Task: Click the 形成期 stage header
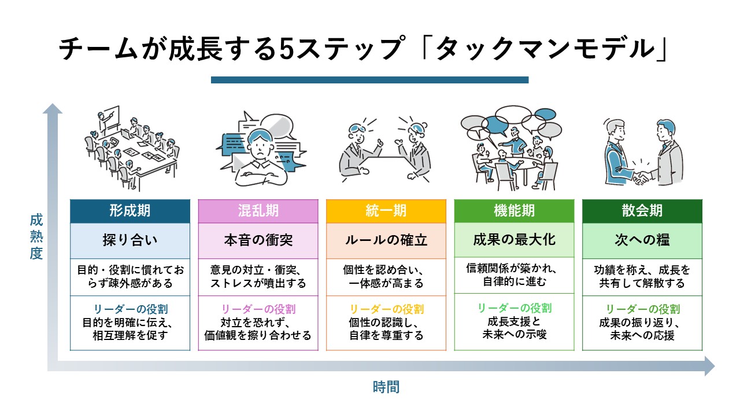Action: [129, 211]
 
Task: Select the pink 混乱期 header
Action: [258, 211]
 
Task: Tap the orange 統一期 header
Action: [386, 211]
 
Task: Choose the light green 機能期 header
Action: [514, 211]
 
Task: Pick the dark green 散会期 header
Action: [642, 211]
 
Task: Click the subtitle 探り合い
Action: [129, 240]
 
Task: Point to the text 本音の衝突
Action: [258, 240]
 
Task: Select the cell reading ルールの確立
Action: [386, 240]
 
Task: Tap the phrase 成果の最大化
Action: [514, 240]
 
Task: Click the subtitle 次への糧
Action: [642, 240]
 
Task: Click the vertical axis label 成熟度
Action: [36, 236]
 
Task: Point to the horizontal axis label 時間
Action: [386, 387]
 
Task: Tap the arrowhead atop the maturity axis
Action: [53, 109]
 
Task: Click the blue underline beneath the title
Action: [369, 80]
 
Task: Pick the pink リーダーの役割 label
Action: [258, 309]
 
